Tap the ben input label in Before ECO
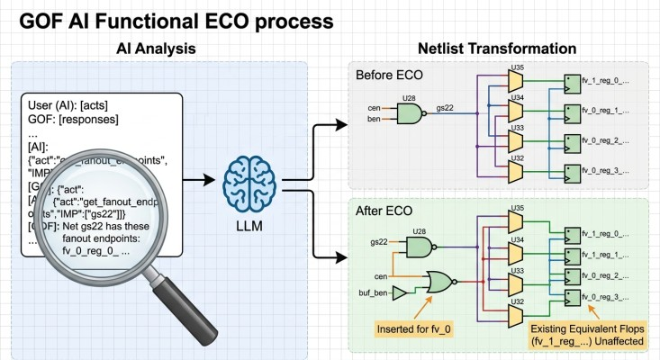(372, 119)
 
